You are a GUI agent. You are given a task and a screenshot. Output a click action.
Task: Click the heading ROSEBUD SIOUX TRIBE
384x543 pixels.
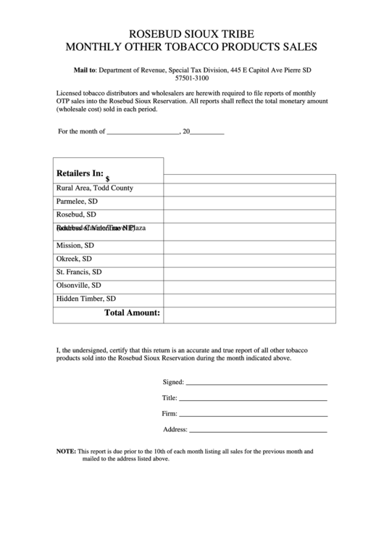coord(192,34)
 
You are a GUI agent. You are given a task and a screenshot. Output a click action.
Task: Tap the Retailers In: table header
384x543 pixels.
coord(80,173)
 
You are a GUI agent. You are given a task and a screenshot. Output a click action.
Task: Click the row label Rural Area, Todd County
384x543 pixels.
coord(95,188)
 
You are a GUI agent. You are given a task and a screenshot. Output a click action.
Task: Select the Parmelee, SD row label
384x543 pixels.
coord(77,202)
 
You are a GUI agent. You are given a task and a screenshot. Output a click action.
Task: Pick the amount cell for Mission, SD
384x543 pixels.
coord(250,245)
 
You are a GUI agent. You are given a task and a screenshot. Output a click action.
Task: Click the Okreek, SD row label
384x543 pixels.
coord(74,258)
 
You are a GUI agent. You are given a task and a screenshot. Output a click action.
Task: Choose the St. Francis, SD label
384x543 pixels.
coord(79,272)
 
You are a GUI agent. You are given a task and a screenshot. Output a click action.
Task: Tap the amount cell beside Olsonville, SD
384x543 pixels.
coord(250,286)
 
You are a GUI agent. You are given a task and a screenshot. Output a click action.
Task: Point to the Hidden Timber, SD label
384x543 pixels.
coord(86,299)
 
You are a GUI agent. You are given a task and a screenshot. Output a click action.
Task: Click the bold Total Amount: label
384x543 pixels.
coord(132,313)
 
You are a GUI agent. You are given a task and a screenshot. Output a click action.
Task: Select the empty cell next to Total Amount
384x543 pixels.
coord(250,314)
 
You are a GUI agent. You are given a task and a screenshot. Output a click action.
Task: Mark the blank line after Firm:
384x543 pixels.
coord(254,413)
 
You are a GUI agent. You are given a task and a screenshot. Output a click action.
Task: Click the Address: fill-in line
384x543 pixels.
coord(259,429)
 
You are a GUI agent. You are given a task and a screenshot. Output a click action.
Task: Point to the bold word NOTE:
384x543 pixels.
coord(66,451)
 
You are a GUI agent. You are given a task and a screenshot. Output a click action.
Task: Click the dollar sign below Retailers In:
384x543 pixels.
coord(107,178)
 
